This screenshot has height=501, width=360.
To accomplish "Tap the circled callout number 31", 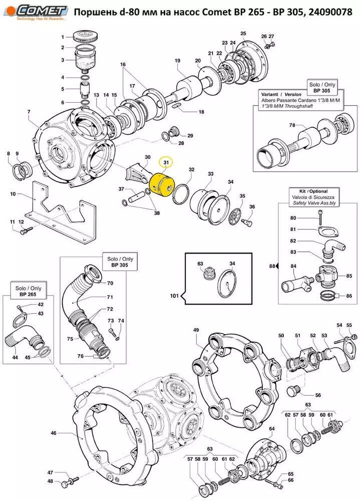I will pyautogui.click(x=165, y=163).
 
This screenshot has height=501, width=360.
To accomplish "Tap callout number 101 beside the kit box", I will pyautogui.click(x=174, y=296).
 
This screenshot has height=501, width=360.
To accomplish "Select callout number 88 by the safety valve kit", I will pyautogui.click(x=272, y=266).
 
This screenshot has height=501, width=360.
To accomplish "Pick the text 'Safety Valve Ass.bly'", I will pyautogui.click(x=315, y=205).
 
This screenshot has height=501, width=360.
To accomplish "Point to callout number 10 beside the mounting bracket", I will pyautogui.click(x=13, y=194).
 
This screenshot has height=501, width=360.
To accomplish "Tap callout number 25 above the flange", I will pyautogui.click(x=243, y=34).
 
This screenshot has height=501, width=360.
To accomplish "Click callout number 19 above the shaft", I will pyautogui.click(x=177, y=61).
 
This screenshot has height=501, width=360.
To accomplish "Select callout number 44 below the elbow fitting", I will pyautogui.click(x=16, y=357).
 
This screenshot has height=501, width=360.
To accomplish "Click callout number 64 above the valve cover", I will pyautogui.click(x=272, y=429).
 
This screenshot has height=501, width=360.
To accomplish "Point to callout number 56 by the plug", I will pyautogui.click(x=317, y=395).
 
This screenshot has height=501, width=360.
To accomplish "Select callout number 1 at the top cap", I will pyautogui.click(x=64, y=38).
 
